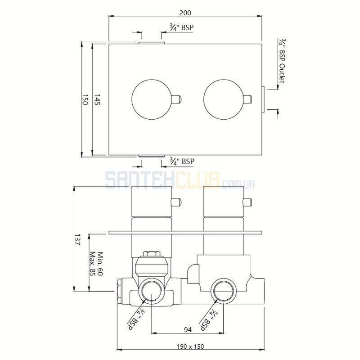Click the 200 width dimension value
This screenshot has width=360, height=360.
click(185, 13)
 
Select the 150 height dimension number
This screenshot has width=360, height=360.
click(85, 99)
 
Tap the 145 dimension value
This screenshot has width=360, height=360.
click(97, 99)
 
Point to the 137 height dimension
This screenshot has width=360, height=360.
click(77, 240)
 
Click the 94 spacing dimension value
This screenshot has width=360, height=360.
click(188, 330)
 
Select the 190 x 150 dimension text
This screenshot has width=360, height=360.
click(190, 346)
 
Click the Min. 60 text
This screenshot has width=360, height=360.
click(100, 264)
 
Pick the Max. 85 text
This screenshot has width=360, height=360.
click(92, 264)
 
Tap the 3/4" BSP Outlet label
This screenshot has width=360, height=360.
click(282, 61)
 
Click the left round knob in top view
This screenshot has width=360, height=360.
click(152, 99)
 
